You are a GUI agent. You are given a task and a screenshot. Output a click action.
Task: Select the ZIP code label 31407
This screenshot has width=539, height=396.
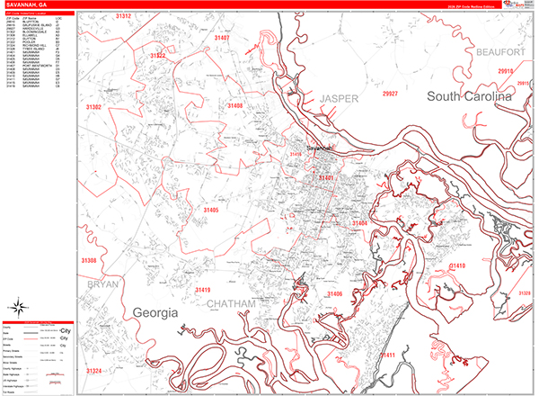[222, 39]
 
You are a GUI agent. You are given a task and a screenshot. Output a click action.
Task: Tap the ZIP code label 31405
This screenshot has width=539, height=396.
[211, 210]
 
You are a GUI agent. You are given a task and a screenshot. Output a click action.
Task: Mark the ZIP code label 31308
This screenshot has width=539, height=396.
[89, 260]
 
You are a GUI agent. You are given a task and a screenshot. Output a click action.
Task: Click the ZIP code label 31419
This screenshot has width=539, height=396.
[202, 290]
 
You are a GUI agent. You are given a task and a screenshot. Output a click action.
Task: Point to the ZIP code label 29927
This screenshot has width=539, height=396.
[391, 93]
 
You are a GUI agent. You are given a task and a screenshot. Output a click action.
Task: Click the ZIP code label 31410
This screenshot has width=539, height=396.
[457, 266]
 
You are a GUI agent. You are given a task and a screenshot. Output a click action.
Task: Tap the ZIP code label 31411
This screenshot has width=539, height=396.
[388, 355]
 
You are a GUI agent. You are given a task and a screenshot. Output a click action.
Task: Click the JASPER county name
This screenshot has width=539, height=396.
[340, 97]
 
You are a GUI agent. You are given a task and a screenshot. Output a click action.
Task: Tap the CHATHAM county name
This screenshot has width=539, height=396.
[231, 305]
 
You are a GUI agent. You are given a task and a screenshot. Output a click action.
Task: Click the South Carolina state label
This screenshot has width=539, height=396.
[469, 95]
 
